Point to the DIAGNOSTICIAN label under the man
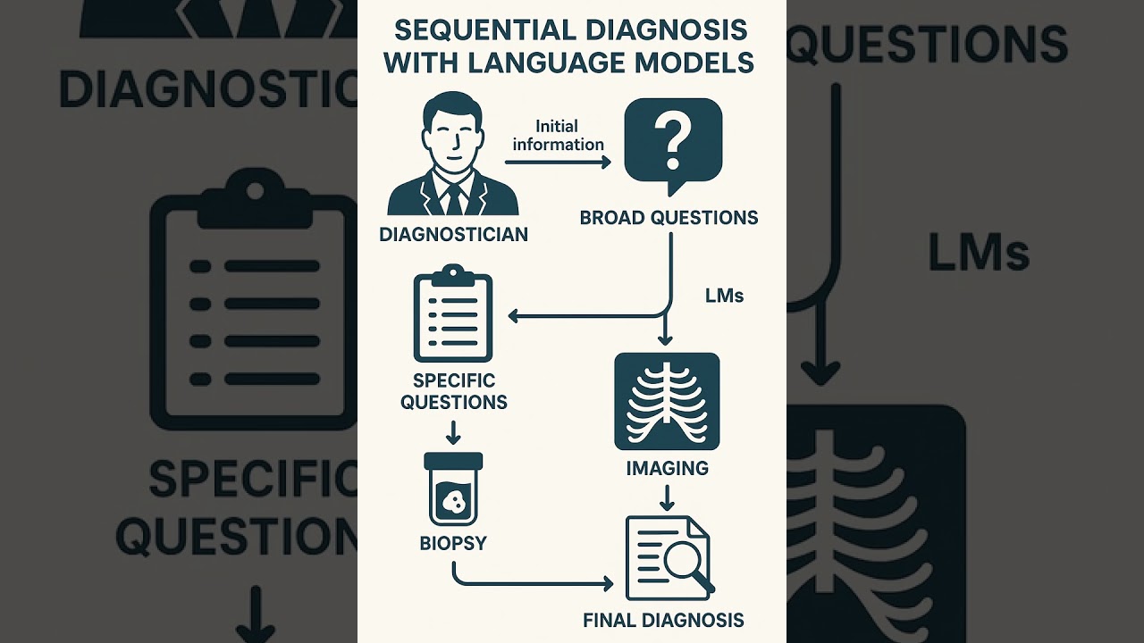click(453, 235)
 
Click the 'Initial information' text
click(558, 135)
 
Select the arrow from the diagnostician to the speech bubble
click(558, 162)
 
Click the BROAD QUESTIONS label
click(669, 217)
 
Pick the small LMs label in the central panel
click(724, 296)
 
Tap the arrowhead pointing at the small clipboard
click(514, 315)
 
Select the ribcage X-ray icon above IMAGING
click(667, 401)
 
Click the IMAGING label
click(667, 467)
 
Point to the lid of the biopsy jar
click(452, 461)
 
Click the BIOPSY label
click(452, 543)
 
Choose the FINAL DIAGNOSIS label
click(662, 619)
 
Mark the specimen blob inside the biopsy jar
click(453, 503)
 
